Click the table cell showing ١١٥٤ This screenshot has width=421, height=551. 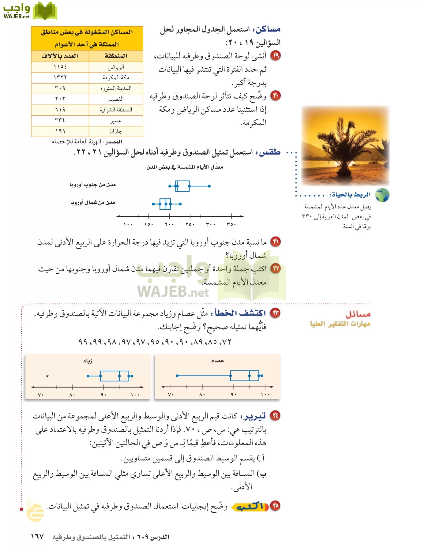coord(60,67)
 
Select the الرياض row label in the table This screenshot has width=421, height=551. coord(116,67)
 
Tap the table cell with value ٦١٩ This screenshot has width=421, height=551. coord(60,110)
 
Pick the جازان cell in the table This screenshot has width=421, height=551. coord(116,131)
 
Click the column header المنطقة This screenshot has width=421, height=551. coord(116,56)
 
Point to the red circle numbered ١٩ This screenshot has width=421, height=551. coord(276,56)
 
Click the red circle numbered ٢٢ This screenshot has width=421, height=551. coord(276,268)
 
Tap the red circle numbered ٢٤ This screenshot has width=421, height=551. coord(275,415)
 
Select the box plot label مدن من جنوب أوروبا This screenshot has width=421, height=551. coord(92,185)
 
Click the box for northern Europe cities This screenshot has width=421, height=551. coord(165,204)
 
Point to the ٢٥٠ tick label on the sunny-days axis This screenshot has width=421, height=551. coord(190,224)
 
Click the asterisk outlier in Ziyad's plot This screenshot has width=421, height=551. coord(47,376)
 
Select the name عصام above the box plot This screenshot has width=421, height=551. coord(217,361)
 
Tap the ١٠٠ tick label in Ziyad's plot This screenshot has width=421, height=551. coord(135,395)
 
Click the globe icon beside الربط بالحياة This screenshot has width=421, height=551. coord(382,195)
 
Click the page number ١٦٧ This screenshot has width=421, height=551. coord(37,537)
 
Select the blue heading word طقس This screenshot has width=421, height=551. coord(269,152)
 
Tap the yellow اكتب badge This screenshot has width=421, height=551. coord(250,507)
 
